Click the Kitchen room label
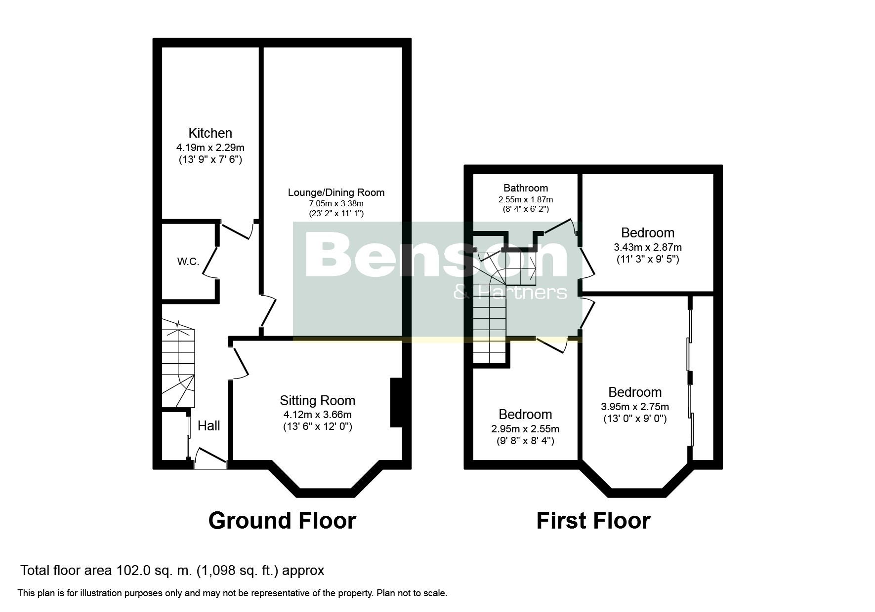pyautogui.click(x=210, y=133)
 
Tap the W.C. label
pyautogui.click(x=188, y=262)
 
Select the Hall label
pyautogui.click(x=209, y=426)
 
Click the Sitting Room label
pyautogui.click(x=318, y=400)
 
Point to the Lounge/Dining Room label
pyautogui.click(x=336, y=192)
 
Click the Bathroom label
pyautogui.click(x=526, y=188)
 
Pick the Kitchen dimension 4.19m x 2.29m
pyautogui.click(x=210, y=148)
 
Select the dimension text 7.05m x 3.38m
pyautogui.click(x=336, y=203)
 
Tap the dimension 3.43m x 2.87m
pyautogui.click(x=648, y=247)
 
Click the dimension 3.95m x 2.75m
pyautogui.click(x=635, y=407)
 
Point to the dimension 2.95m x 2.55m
pyautogui.click(x=525, y=429)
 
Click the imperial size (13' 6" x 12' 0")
pyautogui.click(x=318, y=426)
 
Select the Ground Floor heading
pyautogui.click(x=282, y=521)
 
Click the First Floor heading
pyautogui.click(x=593, y=521)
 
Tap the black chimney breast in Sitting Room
pyautogui.click(x=396, y=402)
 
